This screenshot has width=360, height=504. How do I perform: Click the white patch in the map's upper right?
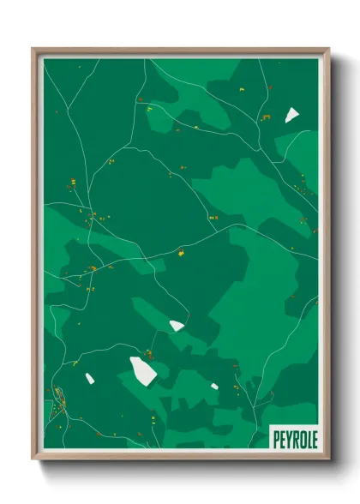pos(291,114)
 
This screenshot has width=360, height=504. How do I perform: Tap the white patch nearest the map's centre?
pos(177,325)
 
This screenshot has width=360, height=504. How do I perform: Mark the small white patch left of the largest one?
pos(88,377)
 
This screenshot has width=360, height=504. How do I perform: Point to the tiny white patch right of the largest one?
pos(214,387)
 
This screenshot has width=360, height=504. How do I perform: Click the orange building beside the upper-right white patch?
pos(266,119)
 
